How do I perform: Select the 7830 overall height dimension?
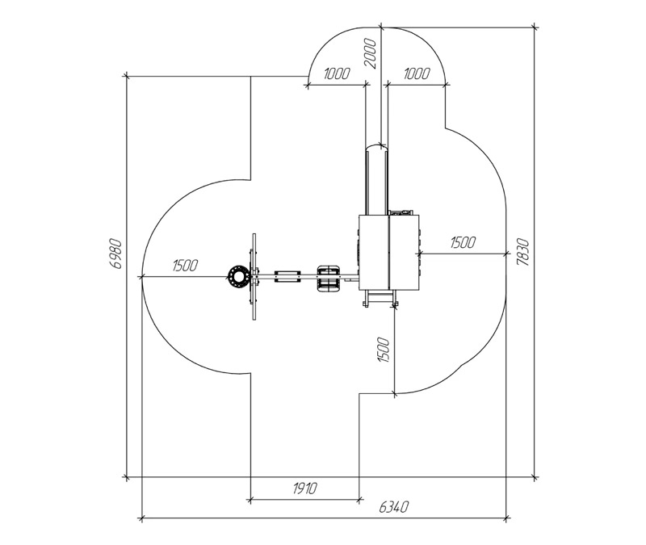click(x=522, y=252)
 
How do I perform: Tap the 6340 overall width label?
click(x=394, y=507)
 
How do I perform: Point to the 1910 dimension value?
click(x=305, y=488)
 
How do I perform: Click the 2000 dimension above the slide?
click(x=371, y=53)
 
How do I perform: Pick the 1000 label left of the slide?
click(x=337, y=73)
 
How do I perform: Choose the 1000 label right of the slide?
click(x=417, y=73)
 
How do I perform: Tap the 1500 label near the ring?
click(x=185, y=266)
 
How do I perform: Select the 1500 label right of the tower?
click(x=463, y=242)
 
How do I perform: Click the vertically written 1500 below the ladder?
click(x=383, y=350)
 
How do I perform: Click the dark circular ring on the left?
click(x=238, y=276)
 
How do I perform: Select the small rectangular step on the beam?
click(x=287, y=276)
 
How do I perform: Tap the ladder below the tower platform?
click(x=380, y=298)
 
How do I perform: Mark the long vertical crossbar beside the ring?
click(x=254, y=276)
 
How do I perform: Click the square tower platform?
click(x=389, y=252)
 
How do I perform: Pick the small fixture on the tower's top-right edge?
click(x=401, y=212)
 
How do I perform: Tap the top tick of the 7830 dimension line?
click(x=535, y=27)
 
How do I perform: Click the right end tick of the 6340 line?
click(x=506, y=518)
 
